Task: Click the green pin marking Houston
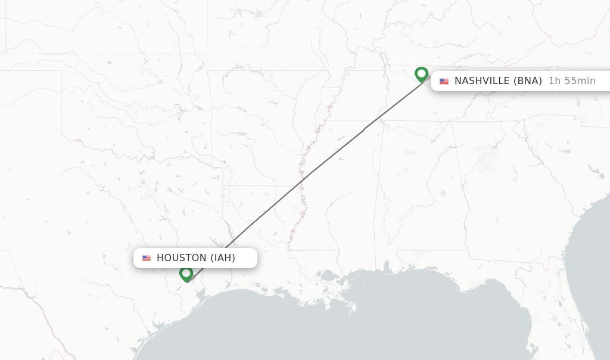click(x=186, y=274)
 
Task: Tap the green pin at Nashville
click(x=421, y=75)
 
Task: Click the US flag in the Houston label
click(x=147, y=258)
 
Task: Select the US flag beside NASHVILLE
click(x=444, y=81)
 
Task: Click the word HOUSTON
click(x=181, y=258)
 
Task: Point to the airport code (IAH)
click(x=222, y=258)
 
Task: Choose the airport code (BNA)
click(x=528, y=81)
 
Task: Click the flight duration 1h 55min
click(x=572, y=81)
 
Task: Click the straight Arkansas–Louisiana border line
click(x=256, y=185)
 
